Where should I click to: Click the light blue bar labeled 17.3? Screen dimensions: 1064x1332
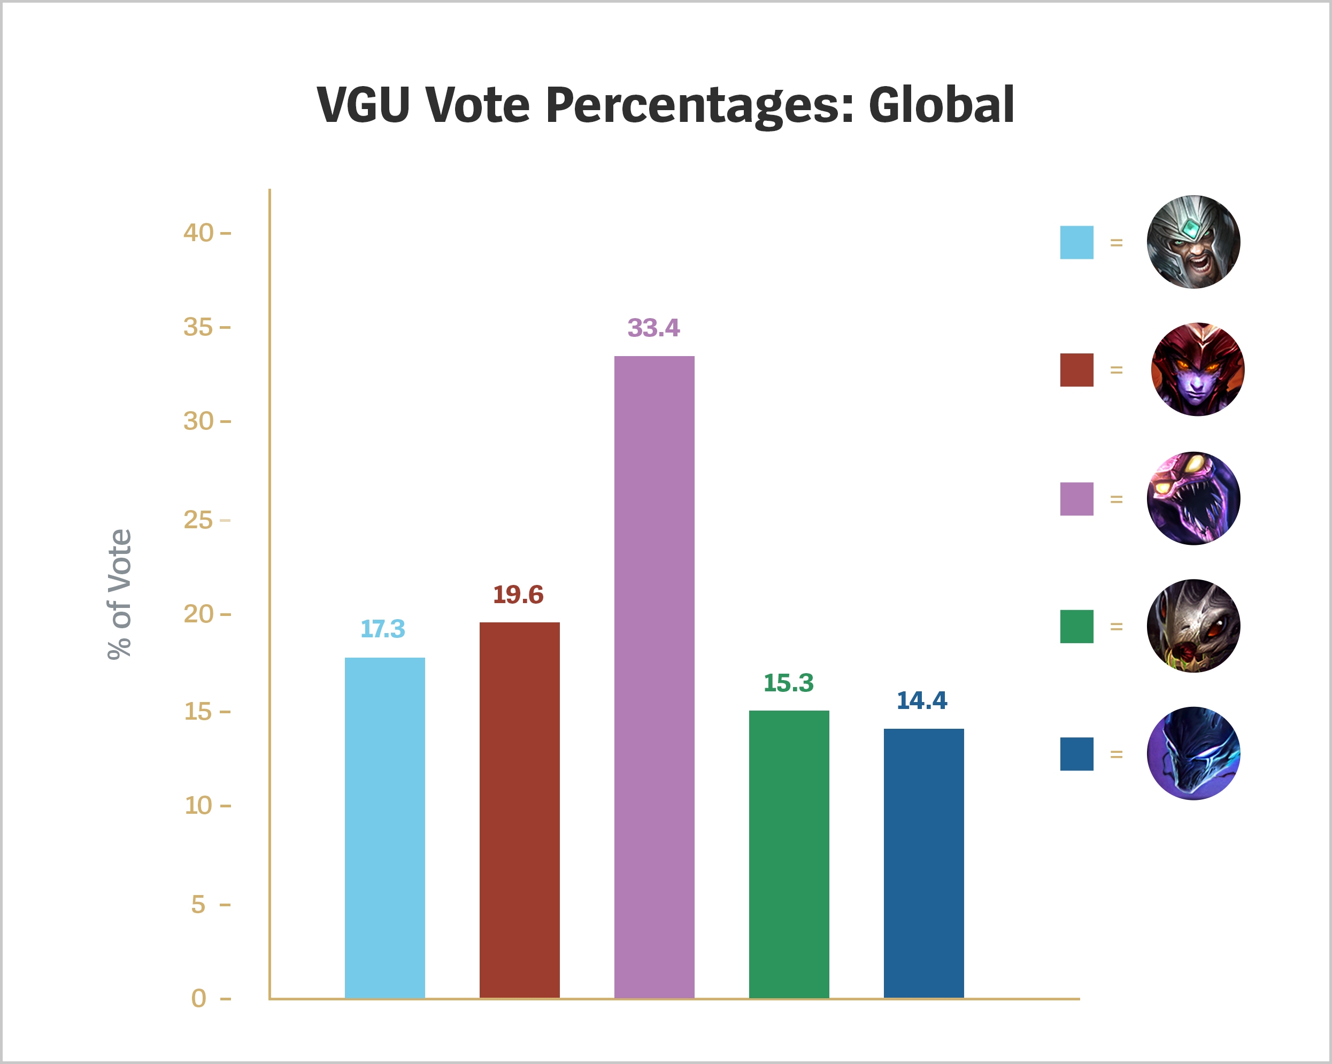[384, 828]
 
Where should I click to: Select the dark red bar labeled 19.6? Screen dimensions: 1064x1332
[519, 810]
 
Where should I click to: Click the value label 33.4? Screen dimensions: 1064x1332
[653, 328]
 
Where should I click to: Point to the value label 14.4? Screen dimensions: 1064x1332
[921, 700]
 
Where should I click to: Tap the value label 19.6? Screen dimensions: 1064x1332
[518, 595]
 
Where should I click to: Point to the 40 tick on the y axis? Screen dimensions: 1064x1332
[198, 233]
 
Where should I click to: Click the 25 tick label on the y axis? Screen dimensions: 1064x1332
[198, 520]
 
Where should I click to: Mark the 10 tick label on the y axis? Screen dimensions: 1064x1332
[198, 805]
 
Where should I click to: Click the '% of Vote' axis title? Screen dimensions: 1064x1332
[119, 595]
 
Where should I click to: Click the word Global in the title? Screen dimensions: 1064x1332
[941, 105]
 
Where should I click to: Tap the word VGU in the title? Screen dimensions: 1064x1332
[363, 105]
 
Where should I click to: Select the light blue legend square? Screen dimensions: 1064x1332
[1076, 242]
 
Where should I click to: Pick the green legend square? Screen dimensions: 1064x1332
[1076, 627]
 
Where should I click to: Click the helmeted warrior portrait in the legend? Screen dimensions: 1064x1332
[1193, 242]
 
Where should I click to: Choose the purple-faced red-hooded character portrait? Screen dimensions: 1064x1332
[1197, 369]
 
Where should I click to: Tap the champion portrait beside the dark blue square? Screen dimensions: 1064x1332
[1193, 753]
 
